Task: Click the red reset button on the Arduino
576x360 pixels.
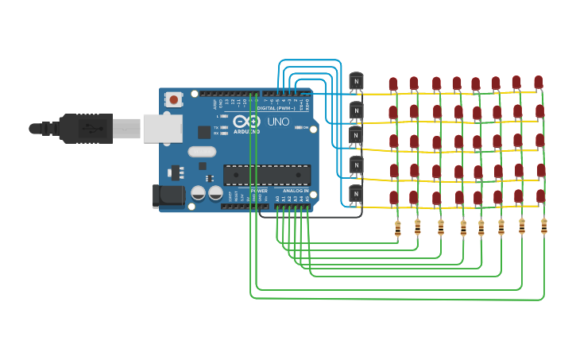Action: (173, 99)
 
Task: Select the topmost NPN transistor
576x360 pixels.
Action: (356, 80)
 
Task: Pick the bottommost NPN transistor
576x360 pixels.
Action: (356, 194)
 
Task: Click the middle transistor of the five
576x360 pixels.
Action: (356, 136)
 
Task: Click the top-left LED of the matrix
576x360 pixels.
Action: (393, 84)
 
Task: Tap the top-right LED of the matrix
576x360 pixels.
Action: (539, 82)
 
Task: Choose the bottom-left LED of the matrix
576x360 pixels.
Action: (393, 197)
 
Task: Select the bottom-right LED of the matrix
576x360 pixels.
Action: (541, 195)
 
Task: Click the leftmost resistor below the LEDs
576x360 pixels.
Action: (398, 229)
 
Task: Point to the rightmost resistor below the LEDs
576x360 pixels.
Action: (544, 226)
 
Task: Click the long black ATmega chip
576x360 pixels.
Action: (266, 175)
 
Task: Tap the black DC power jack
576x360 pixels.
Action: (167, 196)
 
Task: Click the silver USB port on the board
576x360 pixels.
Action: (163, 128)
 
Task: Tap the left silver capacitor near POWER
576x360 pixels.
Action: (198, 192)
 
